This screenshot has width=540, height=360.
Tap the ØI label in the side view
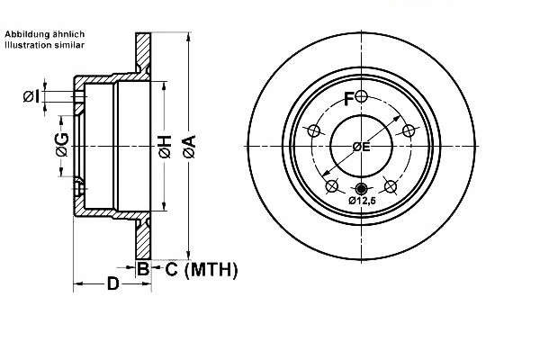click(31, 96)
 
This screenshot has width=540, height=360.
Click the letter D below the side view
click(112, 285)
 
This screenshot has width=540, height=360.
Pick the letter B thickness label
click(142, 268)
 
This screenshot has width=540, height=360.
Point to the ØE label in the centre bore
click(361, 146)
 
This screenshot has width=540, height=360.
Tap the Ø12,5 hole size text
click(363, 202)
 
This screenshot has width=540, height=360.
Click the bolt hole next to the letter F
click(362, 96)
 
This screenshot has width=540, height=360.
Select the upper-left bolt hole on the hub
click(313, 131)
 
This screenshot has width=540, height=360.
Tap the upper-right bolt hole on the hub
click(409, 131)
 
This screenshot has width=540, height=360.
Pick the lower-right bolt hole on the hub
click(391, 186)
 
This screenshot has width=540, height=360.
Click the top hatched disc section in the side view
click(142, 54)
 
